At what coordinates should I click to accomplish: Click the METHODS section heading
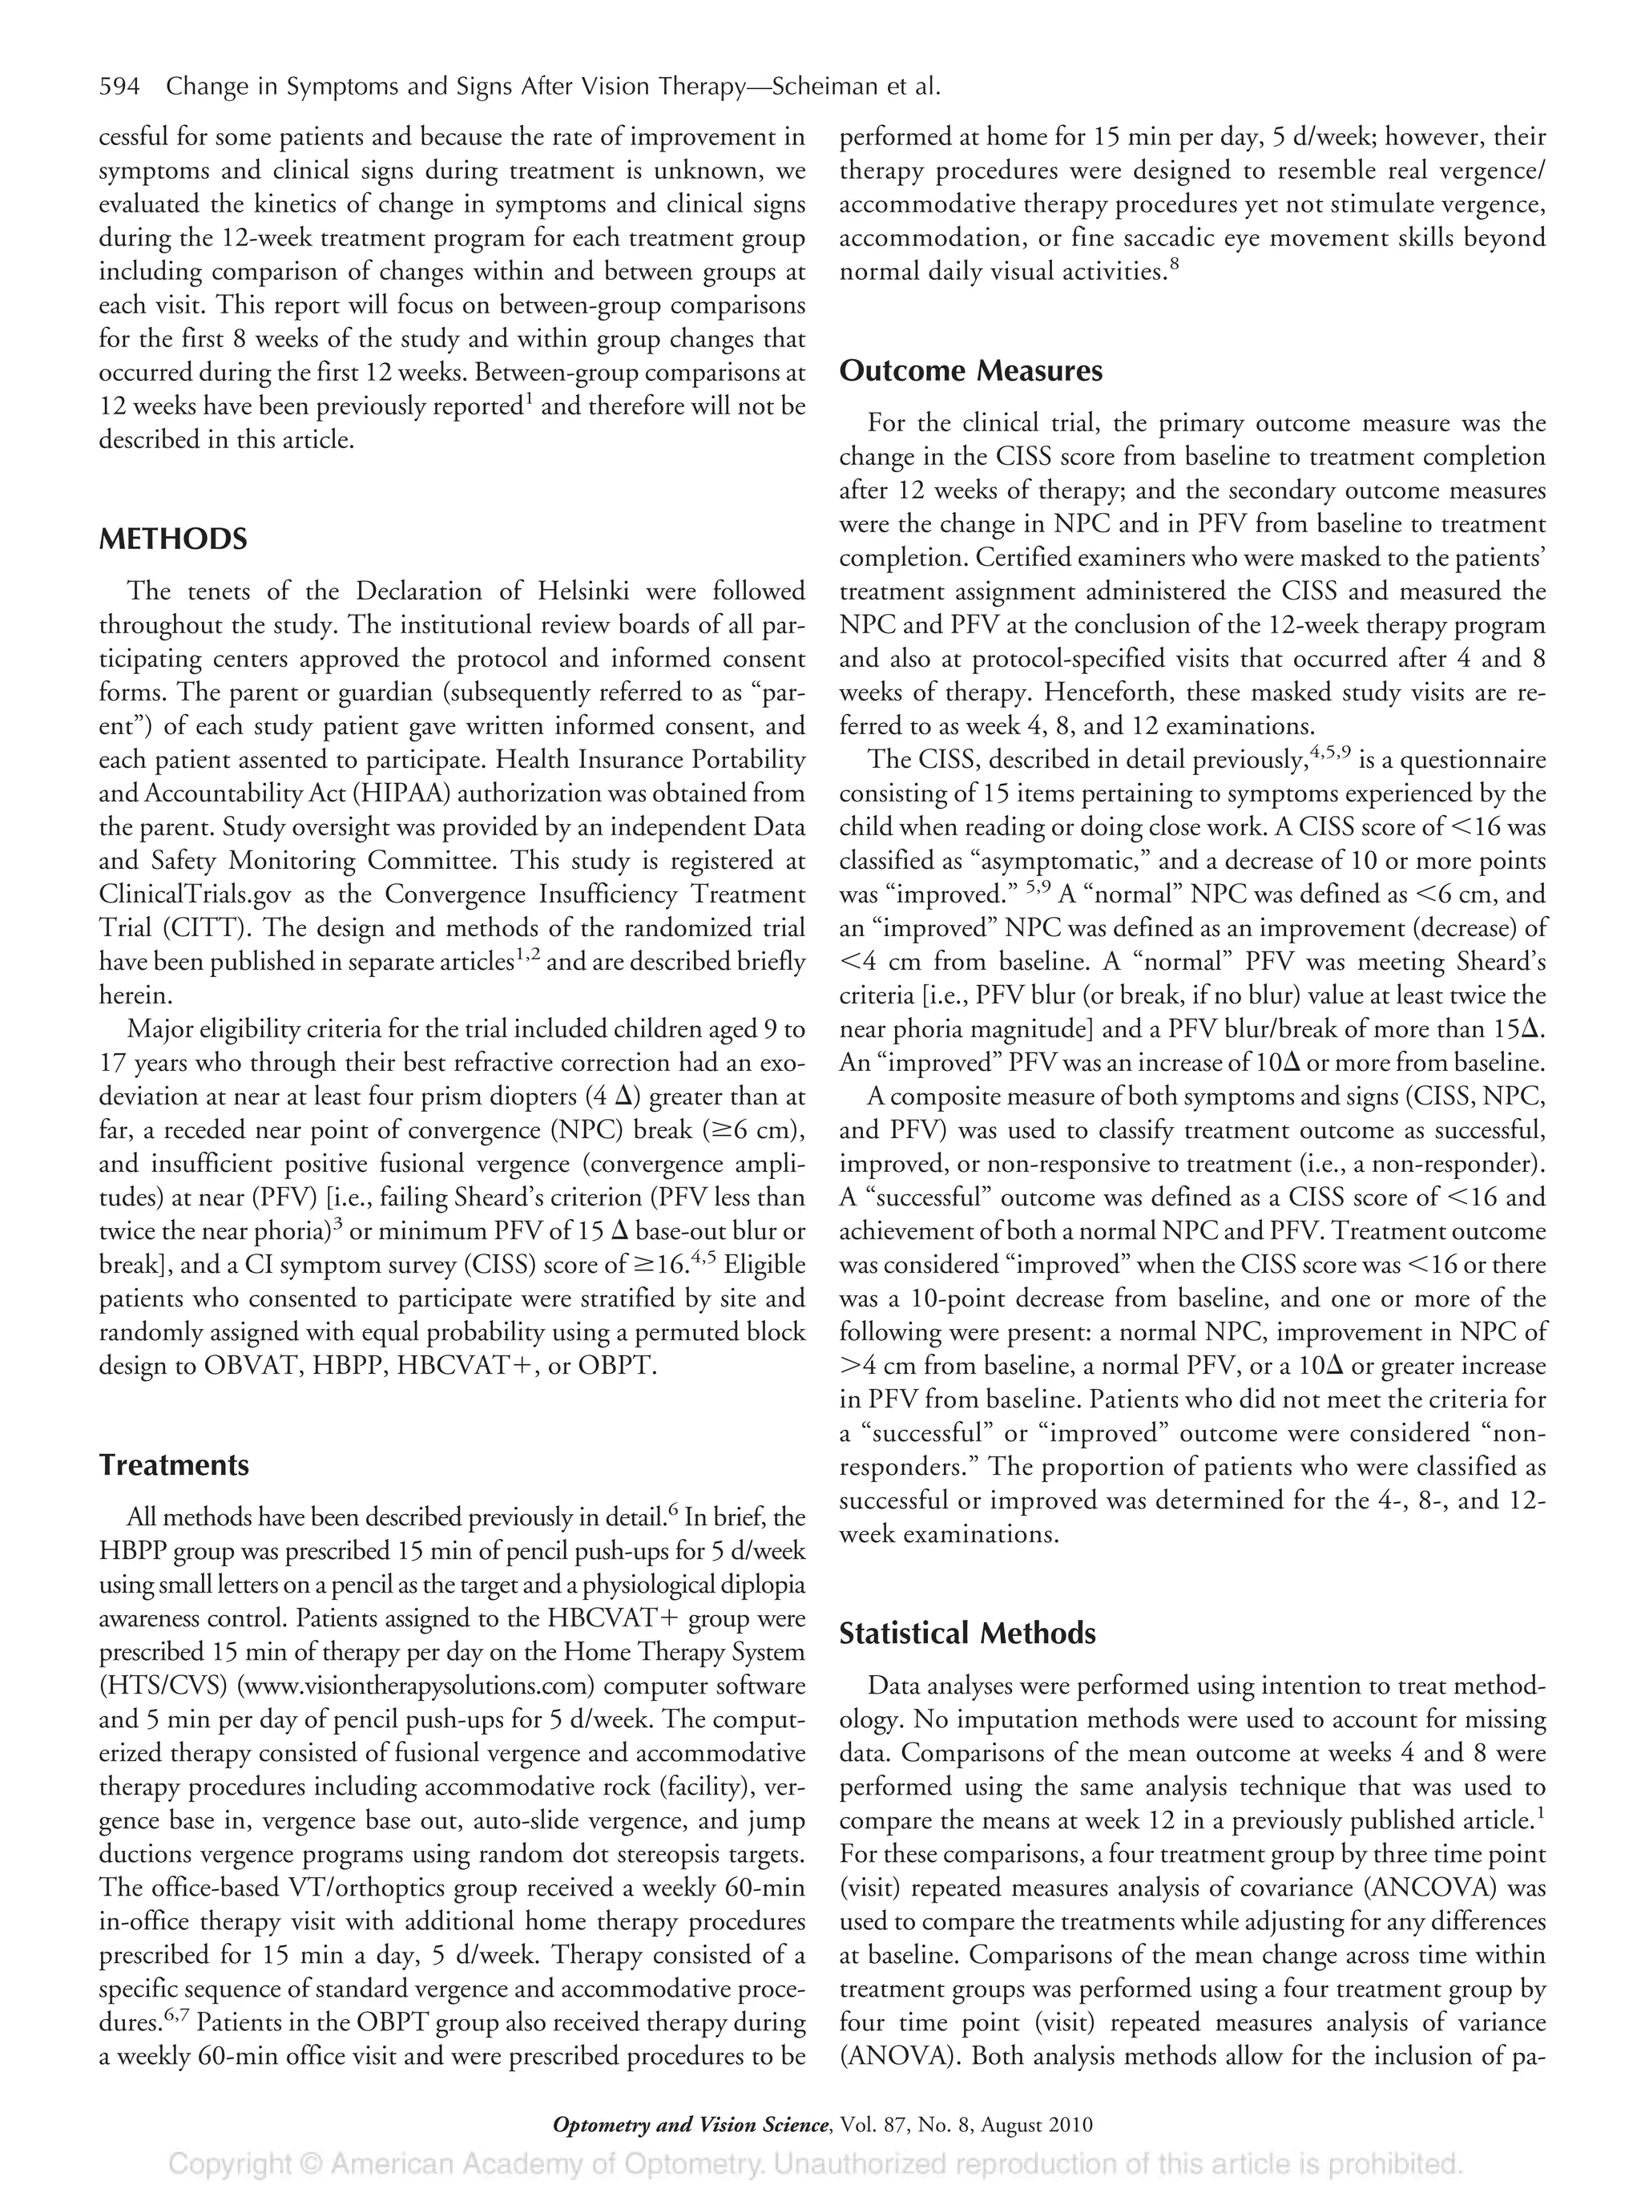(x=173, y=540)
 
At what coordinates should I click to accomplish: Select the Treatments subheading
(x=174, y=1466)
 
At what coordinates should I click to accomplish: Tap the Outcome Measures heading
(x=970, y=371)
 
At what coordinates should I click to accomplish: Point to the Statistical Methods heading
(x=967, y=1634)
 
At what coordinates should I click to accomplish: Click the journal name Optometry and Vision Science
(x=690, y=2126)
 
